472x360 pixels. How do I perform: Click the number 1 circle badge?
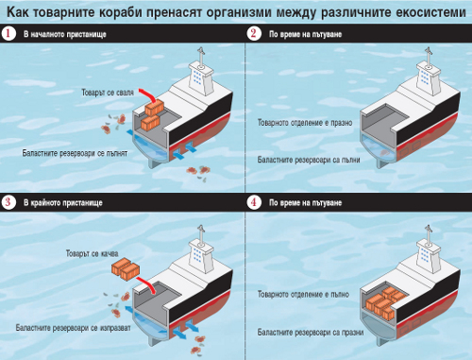click(x=8, y=33)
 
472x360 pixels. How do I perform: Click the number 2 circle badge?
click(x=254, y=33)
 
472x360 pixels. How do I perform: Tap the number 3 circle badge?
click(x=8, y=202)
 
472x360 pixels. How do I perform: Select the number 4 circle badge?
click(x=254, y=202)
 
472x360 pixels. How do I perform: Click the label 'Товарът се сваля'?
click(x=108, y=93)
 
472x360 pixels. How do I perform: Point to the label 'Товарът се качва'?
click(x=92, y=253)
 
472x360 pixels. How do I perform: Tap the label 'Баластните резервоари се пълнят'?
click(x=75, y=153)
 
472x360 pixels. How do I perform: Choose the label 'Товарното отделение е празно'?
click(x=305, y=123)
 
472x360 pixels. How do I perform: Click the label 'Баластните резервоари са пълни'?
click(x=309, y=160)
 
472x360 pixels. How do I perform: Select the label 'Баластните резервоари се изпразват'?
click(x=73, y=328)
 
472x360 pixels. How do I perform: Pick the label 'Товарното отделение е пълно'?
click(x=303, y=294)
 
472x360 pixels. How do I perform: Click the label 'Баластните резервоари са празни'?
click(x=311, y=333)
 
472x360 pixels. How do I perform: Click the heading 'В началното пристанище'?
click(x=65, y=34)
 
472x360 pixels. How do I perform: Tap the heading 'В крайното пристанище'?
click(x=63, y=202)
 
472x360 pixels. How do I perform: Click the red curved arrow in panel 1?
click(x=148, y=94)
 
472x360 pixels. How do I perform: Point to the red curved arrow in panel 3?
click(x=146, y=284)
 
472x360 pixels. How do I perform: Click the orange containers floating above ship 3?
click(x=126, y=269)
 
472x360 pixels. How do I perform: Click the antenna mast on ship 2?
click(x=428, y=57)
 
